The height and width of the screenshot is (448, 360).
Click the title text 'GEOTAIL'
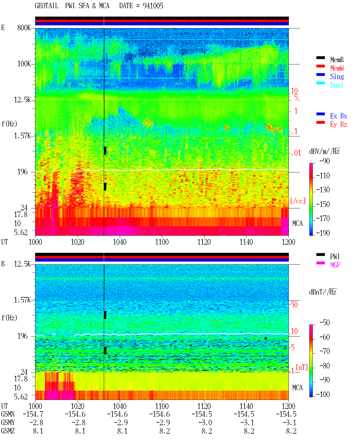46,6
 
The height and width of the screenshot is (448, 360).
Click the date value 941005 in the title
153,6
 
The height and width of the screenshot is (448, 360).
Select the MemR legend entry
337,60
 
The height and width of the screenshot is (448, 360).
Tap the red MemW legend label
337,68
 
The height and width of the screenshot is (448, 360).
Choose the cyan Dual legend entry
337,85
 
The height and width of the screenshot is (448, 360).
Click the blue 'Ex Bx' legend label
339,116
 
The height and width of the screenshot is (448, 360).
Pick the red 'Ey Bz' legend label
339,125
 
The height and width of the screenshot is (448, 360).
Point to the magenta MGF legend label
335,265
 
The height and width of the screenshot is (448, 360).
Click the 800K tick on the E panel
24,28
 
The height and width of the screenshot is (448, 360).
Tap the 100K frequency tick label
24,64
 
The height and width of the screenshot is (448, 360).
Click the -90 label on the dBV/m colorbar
325,161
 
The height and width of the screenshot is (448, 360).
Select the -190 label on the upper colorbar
323,233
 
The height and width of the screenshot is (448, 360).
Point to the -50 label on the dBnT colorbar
325,323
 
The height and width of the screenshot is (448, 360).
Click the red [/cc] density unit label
298,201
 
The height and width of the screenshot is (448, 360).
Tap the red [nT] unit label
302,368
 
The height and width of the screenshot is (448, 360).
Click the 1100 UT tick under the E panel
162,242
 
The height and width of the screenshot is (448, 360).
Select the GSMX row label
8,414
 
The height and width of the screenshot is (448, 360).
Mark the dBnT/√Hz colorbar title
323,292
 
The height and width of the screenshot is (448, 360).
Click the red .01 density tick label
295,153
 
